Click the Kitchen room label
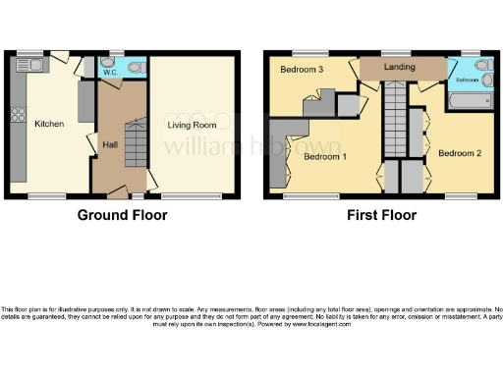(x=49, y=125)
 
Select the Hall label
(x=110, y=144)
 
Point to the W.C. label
(x=110, y=70)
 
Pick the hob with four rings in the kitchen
(x=18, y=115)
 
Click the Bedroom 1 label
(x=323, y=157)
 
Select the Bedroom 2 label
(x=459, y=154)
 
